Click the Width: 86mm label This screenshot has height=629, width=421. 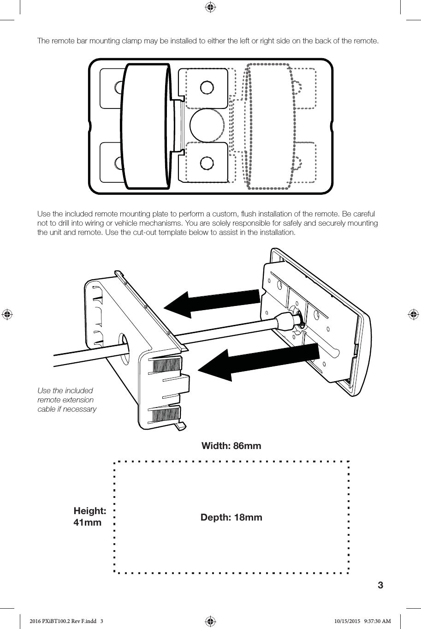click(x=231, y=446)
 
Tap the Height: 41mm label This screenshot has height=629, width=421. click(x=89, y=516)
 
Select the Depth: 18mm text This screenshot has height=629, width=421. click(x=231, y=517)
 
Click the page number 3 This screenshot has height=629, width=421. click(x=380, y=585)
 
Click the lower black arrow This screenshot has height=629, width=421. click(x=258, y=362)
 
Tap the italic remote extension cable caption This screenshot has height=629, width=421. click(x=67, y=400)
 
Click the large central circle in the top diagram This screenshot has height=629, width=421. click(x=207, y=126)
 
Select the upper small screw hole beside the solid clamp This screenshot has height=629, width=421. click(x=207, y=87)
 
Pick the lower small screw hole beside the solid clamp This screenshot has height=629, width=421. click(x=207, y=163)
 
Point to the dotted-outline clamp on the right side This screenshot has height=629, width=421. click(x=270, y=126)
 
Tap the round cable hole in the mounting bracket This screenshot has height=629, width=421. click(x=124, y=344)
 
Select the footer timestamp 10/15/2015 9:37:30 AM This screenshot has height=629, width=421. click(x=362, y=622)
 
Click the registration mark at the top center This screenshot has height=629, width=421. click(x=210, y=7)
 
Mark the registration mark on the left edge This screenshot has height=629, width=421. click(x=7, y=314)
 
